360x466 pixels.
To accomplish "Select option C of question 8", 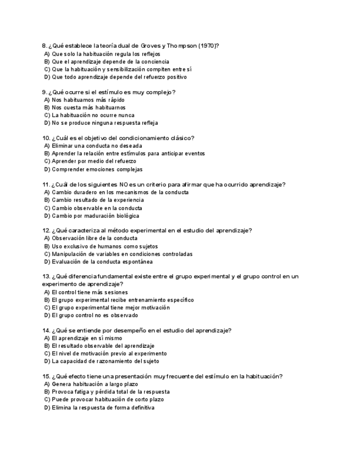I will pos(118,70).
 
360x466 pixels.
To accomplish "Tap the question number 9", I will pos(44,92).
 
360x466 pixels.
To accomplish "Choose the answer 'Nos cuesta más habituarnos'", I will pos(88,108).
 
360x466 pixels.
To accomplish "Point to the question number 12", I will pos(46,231).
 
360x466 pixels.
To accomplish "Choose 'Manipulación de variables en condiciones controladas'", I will pos(121,254).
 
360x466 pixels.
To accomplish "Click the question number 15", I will pos(46,376).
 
